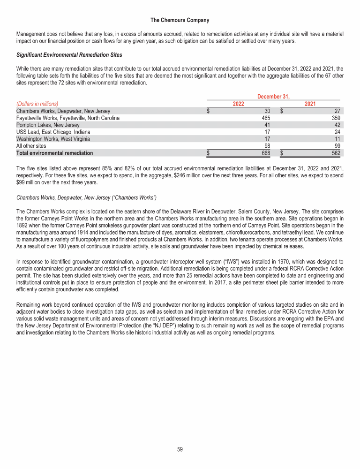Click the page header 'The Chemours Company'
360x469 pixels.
[180, 20]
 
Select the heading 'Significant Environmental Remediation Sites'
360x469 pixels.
[69, 55]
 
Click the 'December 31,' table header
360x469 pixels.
[273, 97]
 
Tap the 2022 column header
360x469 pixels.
[239, 104]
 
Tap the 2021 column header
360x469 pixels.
[310, 104]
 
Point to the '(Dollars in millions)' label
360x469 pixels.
[37, 104]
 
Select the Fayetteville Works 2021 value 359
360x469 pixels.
[338, 118]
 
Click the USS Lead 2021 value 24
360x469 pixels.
[339, 132]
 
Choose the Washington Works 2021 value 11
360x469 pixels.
[339, 139]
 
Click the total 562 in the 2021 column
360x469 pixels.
[338, 153]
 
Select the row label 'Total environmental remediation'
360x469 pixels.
[54, 153]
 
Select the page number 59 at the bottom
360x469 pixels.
[180, 449]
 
